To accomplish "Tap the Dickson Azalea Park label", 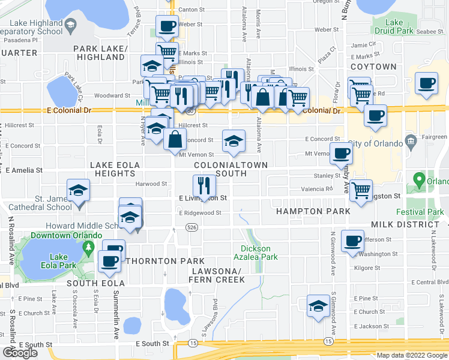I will tap(260, 253).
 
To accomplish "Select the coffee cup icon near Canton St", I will tap(167, 26).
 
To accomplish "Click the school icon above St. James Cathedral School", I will tap(78, 190).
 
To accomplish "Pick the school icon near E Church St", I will tap(318, 306).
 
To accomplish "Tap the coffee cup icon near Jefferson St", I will tap(352, 241).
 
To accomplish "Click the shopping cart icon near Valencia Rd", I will tap(361, 191).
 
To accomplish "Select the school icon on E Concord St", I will tap(234, 141).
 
